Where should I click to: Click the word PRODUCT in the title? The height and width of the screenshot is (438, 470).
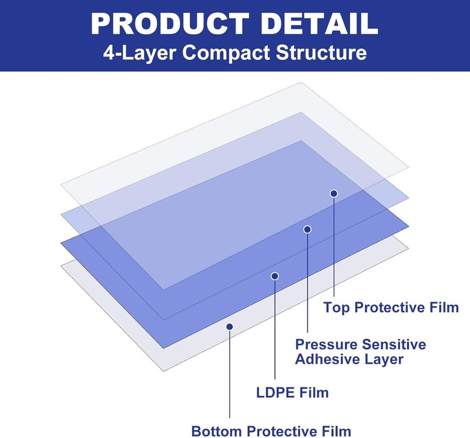tap(170, 24)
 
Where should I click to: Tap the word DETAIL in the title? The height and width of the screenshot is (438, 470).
tap(319, 24)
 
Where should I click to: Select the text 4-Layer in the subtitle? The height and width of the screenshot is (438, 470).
tap(140, 52)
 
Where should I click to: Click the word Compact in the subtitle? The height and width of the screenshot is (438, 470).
tap(226, 52)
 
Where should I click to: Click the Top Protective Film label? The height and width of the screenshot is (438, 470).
tap(391, 308)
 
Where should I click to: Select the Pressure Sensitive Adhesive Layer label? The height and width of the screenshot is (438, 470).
tap(360, 352)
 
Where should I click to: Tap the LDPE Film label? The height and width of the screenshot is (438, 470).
tap(292, 393)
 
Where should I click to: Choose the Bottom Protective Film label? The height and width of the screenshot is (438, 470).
tap(271, 432)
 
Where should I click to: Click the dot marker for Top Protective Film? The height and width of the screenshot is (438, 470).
tap(334, 193)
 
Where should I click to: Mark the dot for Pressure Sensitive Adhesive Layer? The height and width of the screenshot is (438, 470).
tap(307, 229)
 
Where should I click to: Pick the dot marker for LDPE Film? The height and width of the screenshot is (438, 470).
tap(274, 276)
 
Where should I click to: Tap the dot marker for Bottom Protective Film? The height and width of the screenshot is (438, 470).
tap(230, 326)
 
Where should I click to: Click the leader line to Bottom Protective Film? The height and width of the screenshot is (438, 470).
tap(230, 374)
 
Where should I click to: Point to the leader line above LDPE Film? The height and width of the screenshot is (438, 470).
tap(274, 329)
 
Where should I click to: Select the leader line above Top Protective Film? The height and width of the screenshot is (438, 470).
tap(334, 246)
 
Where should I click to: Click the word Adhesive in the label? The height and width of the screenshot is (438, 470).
tap(324, 359)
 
